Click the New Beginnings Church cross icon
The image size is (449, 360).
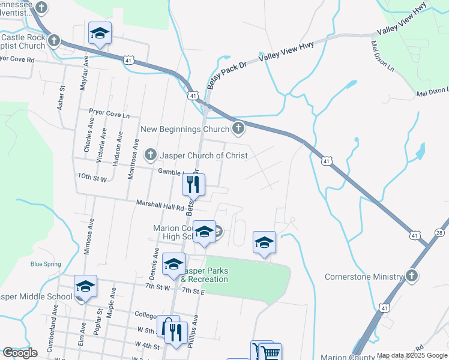click(x=238, y=128)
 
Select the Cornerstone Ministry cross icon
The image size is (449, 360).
click(x=411, y=277)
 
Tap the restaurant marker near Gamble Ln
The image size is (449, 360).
click(x=193, y=184)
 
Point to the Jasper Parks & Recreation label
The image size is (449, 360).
click(x=205, y=275)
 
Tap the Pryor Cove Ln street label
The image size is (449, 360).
click(x=109, y=113)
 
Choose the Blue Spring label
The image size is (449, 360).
click(x=45, y=263)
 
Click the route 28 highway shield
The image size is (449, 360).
click(x=439, y=232)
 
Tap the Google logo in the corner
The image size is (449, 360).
click(x=20, y=352)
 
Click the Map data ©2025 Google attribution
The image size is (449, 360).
click(x=412, y=355)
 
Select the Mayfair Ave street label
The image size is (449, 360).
click(x=83, y=74)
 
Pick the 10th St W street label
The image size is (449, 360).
click(x=92, y=179)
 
